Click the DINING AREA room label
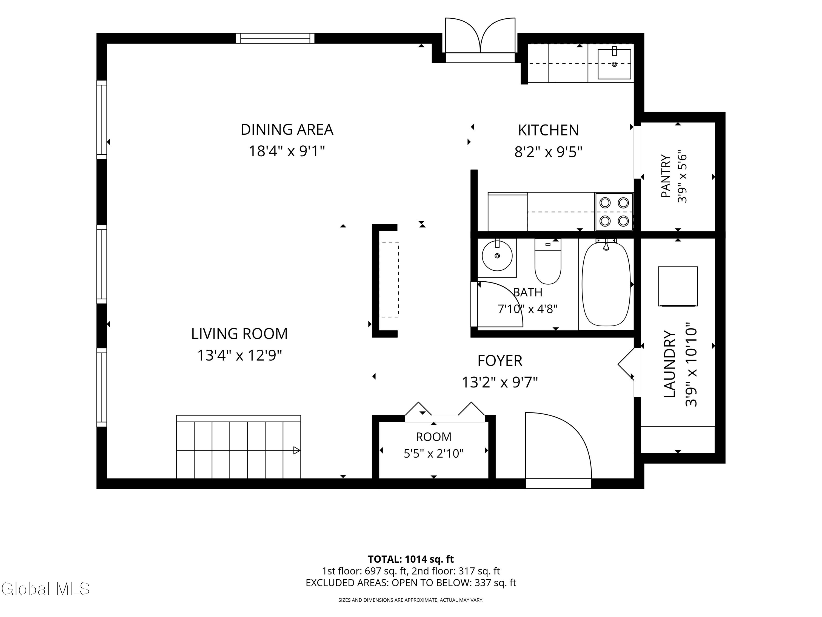pyautogui.click(x=287, y=130)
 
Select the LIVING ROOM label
pyautogui.click(x=239, y=334)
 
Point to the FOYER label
pyautogui.click(x=500, y=361)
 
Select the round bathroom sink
pyautogui.click(x=497, y=256)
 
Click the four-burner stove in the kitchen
pyautogui.click(x=614, y=212)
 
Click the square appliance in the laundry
pyautogui.click(x=678, y=286)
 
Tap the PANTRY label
pyautogui.click(x=666, y=176)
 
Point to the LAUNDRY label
pyautogui.click(x=670, y=364)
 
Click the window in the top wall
pyautogui.click(x=275, y=38)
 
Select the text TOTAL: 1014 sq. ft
pyautogui.click(x=411, y=559)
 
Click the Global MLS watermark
pyautogui.click(x=45, y=589)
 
